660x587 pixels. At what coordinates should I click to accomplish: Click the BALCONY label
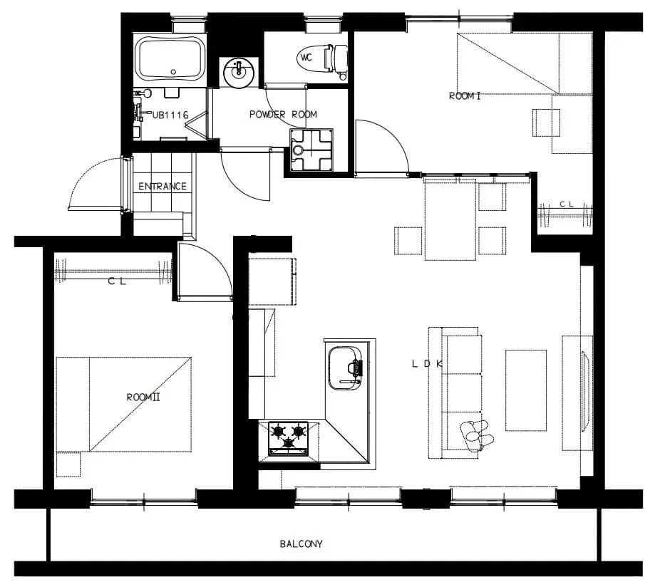pyautogui.click(x=301, y=544)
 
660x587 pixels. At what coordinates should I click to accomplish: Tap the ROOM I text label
pyautogui.click(x=465, y=96)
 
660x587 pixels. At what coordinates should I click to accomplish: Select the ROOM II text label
pyautogui.click(x=143, y=397)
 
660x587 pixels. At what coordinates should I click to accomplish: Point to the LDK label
pyautogui.click(x=427, y=364)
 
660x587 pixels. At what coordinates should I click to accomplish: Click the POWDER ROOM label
pyautogui.click(x=283, y=115)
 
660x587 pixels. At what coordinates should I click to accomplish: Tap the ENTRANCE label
pyautogui.click(x=163, y=186)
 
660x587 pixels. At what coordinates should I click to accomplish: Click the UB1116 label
pyautogui.click(x=170, y=115)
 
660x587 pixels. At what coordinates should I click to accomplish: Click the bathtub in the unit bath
pyautogui.click(x=170, y=58)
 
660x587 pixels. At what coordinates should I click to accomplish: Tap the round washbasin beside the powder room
pyautogui.click(x=239, y=73)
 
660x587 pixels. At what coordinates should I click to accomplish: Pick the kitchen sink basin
pyautogui.click(x=345, y=368)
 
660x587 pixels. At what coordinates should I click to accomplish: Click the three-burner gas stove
pyautogui.click(x=289, y=438)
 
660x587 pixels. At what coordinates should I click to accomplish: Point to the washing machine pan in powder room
pyautogui.click(x=311, y=150)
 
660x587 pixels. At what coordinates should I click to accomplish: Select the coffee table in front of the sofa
pyautogui.click(x=526, y=390)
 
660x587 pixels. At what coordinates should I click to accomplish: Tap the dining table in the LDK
pyautogui.click(x=450, y=219)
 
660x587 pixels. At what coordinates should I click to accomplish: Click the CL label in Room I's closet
pyautogui.click(x=567, y=204)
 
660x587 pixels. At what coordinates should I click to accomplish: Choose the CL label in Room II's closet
pyautogui.click(x=117, y=281)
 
